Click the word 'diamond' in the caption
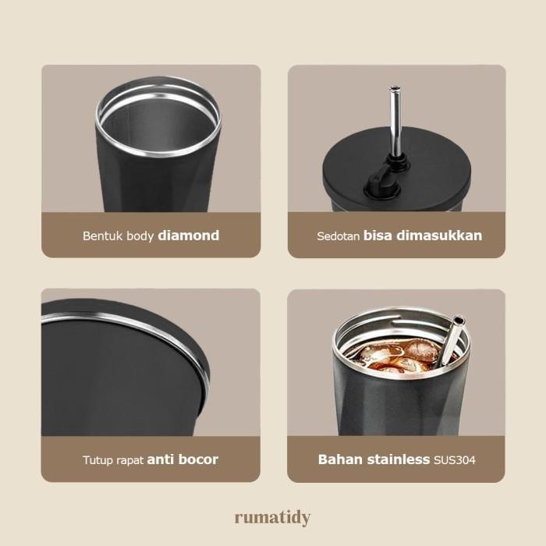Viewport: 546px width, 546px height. (188, 235)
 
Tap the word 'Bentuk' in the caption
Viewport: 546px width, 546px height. (101, 236)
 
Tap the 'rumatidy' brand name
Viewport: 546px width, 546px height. (272, 517)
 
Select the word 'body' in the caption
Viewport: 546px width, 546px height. (139, 236)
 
